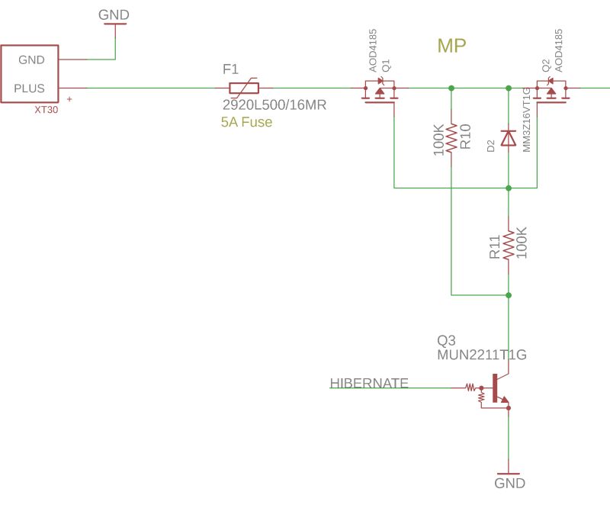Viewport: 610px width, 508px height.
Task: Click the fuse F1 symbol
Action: (x=244, y=88)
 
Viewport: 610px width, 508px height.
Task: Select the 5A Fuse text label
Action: (x=246, y=122)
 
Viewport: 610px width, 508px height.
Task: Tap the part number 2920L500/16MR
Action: (x=274, y=105)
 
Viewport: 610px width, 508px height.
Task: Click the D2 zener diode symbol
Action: (x=509, y=138)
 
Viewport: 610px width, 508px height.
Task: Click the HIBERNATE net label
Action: (x=369, y=383)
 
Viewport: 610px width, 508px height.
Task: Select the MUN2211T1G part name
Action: (x=482, y=355)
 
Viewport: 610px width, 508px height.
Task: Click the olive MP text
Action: (x=451, y=47)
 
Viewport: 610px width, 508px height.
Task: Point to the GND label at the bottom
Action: (x=509, y=484)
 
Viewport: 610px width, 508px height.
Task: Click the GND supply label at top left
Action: (x=114, y=15)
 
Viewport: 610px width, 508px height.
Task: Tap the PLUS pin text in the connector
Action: (x=30, y=88)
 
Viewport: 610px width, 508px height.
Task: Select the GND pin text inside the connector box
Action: (x=31, y=60)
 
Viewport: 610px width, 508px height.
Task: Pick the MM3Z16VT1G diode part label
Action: (x=527, y=120)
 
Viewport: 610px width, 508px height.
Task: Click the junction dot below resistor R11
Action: (x=509, y=294)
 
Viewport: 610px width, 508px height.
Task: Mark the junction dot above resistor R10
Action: (x=451, y=88)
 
